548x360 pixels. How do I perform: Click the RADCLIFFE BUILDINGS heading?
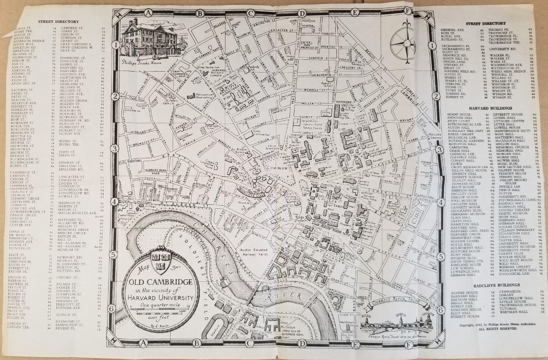coord(491,286)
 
